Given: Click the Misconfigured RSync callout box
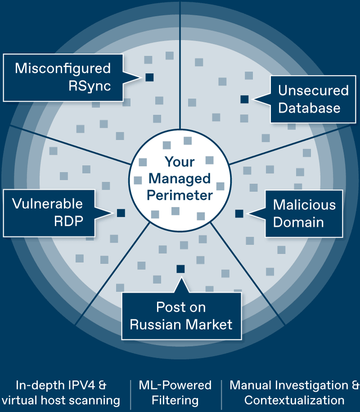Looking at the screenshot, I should [x=63, y=77].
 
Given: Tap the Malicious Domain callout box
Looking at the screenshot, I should [x=304, y=214].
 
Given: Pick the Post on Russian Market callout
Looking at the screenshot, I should [x=181, y=316].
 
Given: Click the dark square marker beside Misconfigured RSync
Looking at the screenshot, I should [x=149, y=77].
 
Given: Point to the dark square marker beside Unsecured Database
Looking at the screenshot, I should [x=244, y=99].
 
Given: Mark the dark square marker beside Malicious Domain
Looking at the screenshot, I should [x=239, y=214].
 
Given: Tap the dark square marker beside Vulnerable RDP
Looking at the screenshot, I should [x=121, y=213].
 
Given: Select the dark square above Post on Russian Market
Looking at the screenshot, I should [x=180, y=269].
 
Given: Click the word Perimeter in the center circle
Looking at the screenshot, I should [x=180, y=196].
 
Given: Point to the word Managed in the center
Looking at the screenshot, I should [x=180, y=179].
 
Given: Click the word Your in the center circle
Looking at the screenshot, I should [x=180, y=161].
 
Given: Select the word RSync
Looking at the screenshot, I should [x=90, y=86].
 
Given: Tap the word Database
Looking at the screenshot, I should [x=309, y=108].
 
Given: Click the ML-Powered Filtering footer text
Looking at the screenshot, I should [x=175, y=393].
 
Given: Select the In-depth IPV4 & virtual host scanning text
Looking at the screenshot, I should [x=61, y=393].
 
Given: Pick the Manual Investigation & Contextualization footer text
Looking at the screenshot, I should [x=295, y=393].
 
